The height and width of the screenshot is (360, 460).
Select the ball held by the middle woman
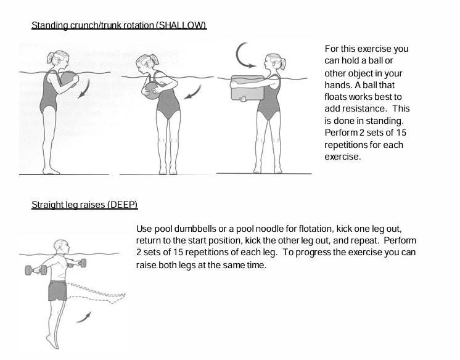pyautogui.click(x=150, y=91)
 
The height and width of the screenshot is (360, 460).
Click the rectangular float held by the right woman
pyautogui.click(x=246, y=89)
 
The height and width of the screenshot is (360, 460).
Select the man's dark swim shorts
pyautogui.click(x=57, y=290)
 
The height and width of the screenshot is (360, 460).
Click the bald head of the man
pyautogui.click(x=59, y=246)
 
